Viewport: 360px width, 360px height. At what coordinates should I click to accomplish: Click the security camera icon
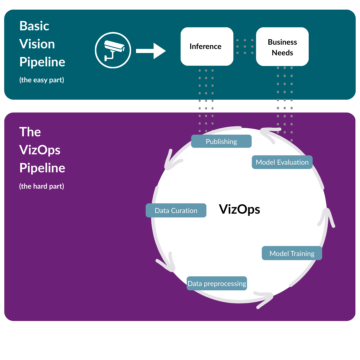(x=113, y=50)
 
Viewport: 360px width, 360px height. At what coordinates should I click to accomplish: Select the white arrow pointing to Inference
(x=151, y=51)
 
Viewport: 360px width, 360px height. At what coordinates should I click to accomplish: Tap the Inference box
(x=207, y=46)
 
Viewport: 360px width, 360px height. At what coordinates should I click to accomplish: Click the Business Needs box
(x=282, y=47)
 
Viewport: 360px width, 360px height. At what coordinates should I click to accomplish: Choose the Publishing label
(x=221, y=141)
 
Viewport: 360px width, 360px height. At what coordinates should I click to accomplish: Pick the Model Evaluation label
(x=282, y=162)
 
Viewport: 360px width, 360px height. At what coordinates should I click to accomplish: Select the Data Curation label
(x=176, y=211)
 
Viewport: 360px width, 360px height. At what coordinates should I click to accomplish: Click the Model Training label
(x=292, y=253)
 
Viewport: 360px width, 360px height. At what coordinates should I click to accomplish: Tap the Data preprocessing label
(x=217, y=284)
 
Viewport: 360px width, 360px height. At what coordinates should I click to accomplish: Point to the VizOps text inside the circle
(x=239, y=209)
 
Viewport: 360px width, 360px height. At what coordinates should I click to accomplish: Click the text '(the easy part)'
(x=42, y=80)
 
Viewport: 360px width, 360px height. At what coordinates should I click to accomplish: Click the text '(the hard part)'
(x=42, y=186)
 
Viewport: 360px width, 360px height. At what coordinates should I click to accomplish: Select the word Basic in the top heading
(x=34, y=26)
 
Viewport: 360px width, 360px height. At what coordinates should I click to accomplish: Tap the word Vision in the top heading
(x=37, y=44)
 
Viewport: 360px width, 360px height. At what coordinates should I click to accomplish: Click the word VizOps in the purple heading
(x=40, y=150)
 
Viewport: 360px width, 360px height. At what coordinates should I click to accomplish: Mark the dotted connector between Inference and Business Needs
(x=245, y=46)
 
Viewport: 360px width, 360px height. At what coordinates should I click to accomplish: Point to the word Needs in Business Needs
(x=282, y=53)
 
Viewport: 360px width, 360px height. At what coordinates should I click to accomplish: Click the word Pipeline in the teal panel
(x=42, y=62)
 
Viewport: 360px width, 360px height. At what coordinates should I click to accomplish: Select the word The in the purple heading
(x=30, y=132)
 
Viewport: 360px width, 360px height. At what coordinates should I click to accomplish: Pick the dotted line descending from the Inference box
(x=206, y=100)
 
